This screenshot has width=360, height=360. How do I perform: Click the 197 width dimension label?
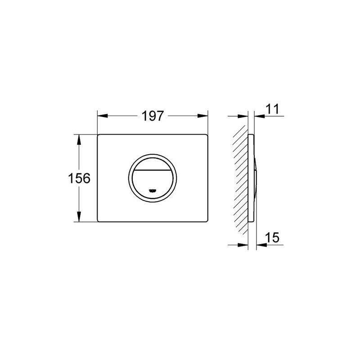pos(153,116)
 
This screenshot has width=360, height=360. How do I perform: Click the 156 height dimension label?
pos(79,178)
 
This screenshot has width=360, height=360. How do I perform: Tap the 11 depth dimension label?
pos(272,109)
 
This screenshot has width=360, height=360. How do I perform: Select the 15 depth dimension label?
pos(272,237)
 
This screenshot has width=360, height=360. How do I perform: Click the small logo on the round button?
pos(153,190)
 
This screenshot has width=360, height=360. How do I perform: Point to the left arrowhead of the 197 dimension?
pos(103,116)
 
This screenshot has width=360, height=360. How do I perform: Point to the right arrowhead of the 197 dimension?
pos(203,116)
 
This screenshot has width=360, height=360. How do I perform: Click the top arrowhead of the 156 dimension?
pos(79,139)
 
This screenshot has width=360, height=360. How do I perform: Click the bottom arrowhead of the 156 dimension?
pos(79,216)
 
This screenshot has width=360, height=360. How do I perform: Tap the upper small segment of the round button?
pos(153,164)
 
